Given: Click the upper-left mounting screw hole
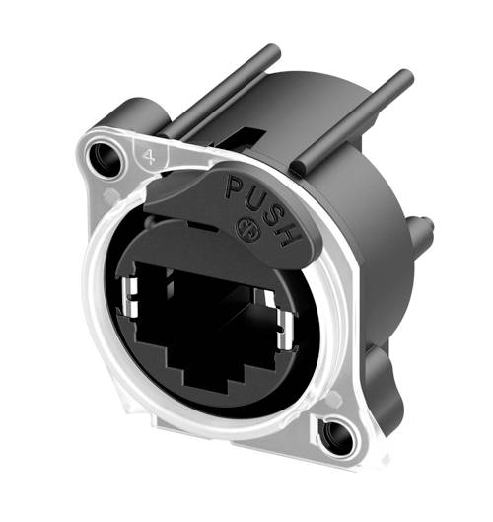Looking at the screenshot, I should pyautogui.click(x=102, y=155).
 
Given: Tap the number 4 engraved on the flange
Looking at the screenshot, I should pyautogui.click(x=147, y=155).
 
